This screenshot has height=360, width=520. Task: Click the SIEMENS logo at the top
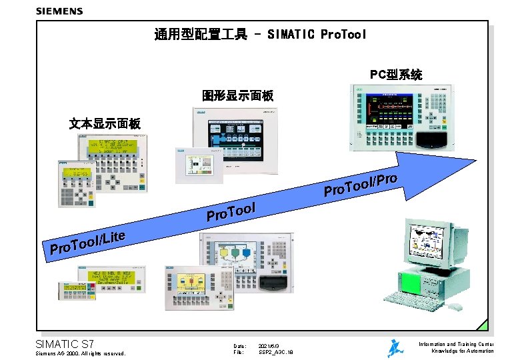[x=59, y=11]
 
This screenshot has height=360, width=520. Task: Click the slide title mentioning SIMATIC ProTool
[x=260, y=34]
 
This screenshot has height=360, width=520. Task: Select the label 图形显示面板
[x=237, y=96]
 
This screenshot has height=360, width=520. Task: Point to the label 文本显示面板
[x=105, y=123]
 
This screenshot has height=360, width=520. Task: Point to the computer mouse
[x=455, y=307]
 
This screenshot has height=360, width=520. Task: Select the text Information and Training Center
[x=455, y=344]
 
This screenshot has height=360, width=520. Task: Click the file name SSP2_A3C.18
[x=275, y=352]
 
